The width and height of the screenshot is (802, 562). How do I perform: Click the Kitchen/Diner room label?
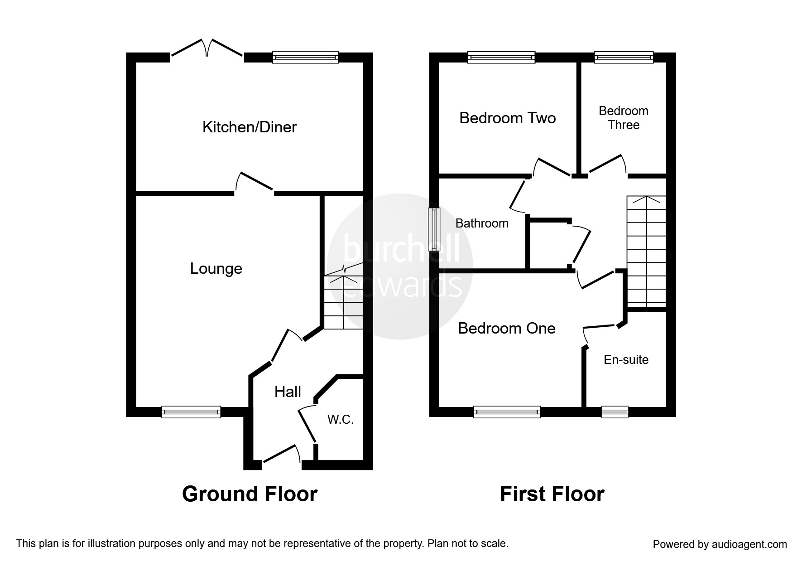pos(249,127)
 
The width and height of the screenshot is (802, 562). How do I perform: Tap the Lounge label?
pos(216,269)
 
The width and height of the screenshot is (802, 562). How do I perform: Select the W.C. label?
pos(341,420)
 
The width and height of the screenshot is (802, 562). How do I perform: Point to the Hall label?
pos(288,392)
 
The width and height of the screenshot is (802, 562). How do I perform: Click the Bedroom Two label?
pos(507,118)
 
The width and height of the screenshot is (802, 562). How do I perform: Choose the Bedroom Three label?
pos(623,118)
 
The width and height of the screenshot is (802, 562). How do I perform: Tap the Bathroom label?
pos(482,223)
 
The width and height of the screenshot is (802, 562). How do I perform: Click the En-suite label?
pos(626,360)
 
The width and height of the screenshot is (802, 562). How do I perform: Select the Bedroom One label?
pos(506,328)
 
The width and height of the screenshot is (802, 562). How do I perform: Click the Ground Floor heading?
pos(250,494)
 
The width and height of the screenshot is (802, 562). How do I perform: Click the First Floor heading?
pos(552,494)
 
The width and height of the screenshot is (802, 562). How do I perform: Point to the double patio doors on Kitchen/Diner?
pos(207,49)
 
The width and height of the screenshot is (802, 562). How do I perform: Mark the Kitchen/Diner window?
pos(305,58)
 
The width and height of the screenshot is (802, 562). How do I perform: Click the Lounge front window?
pos(191,412)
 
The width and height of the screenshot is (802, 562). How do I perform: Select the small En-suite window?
pos(615,412)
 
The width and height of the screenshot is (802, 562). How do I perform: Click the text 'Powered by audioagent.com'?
pos(720,544)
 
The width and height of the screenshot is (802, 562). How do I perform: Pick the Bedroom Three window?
pos(623,58)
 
